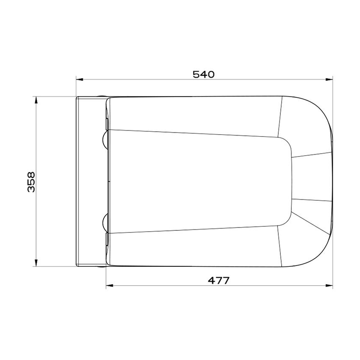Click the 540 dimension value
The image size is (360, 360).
(x=203, y=75)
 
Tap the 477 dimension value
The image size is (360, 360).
(x=219, y=280)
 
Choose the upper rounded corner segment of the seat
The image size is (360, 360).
(x=305, y=123)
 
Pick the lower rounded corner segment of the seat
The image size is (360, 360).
(x=305, y=241)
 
